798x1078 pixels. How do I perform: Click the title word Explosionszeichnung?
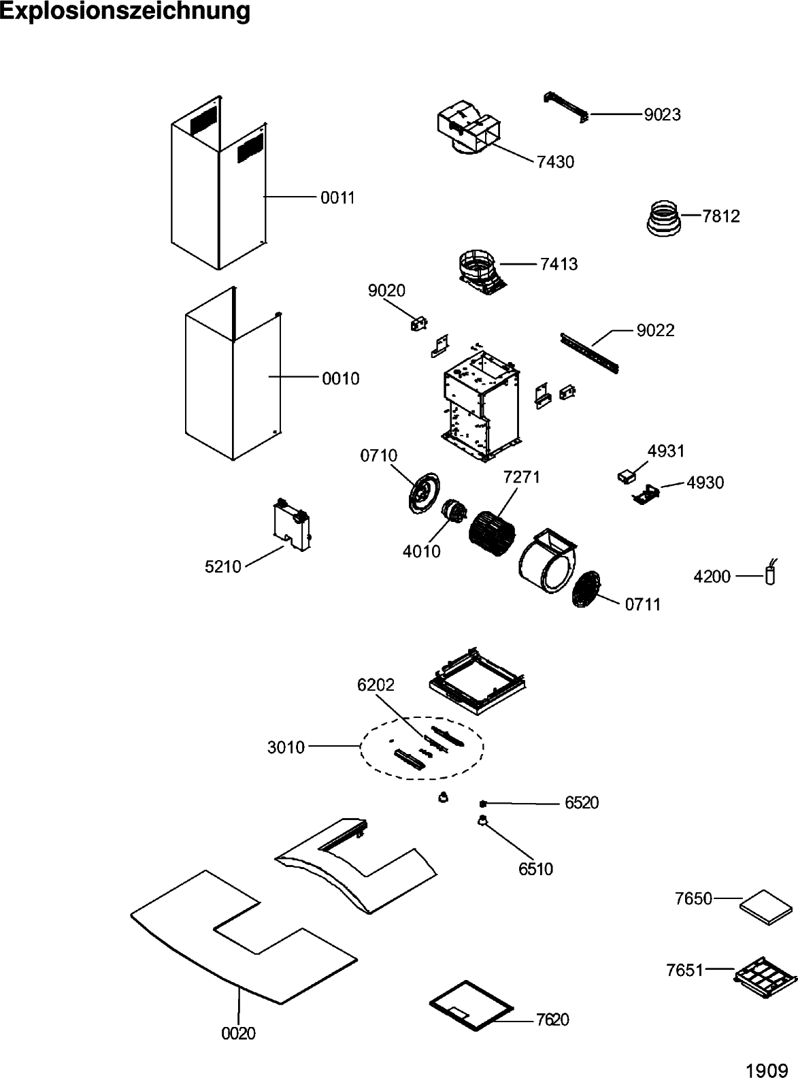(x=124, y=12)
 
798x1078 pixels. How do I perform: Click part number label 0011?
(x=338, y=198)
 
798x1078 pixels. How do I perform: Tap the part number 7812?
(x=721, y=216)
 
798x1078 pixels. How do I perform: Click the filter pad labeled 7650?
(x=766, y=906)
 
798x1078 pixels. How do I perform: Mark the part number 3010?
(x=286, y=748)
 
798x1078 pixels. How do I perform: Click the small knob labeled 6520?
(x=482, y=804)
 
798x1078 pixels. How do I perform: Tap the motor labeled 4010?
(x=452, y=512)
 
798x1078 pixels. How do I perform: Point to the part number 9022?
(x=655, y=331)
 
